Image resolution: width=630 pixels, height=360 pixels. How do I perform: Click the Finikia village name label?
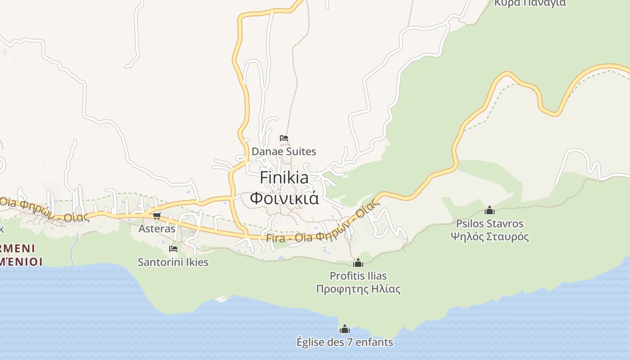click(284, 178)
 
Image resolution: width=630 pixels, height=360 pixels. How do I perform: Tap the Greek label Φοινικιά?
click(284, 198)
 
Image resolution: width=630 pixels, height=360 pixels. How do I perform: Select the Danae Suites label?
click(283, 152)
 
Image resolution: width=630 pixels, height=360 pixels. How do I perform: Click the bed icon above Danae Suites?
click(283, 138)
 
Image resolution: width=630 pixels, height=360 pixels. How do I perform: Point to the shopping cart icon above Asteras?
click(157, 216)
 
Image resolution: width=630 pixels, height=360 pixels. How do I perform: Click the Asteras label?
click(157, 229)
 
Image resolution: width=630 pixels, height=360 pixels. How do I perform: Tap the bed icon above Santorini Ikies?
click(173, 248)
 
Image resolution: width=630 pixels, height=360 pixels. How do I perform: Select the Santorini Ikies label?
click(173, 262)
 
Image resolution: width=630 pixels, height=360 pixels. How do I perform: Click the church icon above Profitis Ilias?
click(358, 263)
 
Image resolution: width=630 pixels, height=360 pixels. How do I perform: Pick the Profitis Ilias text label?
click(358, 276)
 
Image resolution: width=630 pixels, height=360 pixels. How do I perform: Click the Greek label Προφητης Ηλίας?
click(358, 289)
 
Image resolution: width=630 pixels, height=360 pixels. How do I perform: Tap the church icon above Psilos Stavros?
click(490, 210)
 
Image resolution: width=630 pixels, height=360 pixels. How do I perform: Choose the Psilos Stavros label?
click(490, 224)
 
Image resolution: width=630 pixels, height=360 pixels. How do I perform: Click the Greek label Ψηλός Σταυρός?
click(490, 237)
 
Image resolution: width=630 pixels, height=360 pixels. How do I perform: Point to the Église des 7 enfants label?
click(345, 342)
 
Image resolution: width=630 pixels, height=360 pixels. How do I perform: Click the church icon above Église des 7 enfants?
click(345, 329)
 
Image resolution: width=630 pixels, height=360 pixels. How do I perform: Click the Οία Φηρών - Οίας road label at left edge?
click(43, 210)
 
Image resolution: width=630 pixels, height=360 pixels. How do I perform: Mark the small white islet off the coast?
click(220, 298)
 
